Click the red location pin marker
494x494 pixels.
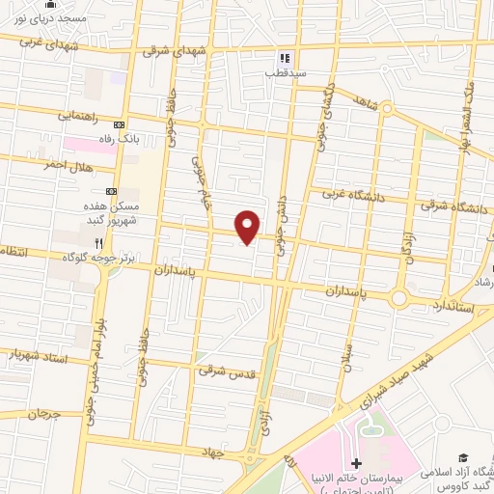(249, 226)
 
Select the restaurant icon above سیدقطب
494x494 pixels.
(285, 56)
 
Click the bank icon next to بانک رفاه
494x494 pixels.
(120, 124)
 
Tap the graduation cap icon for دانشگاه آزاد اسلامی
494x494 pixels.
(463, 456)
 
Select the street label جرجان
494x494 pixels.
(43, 414)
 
